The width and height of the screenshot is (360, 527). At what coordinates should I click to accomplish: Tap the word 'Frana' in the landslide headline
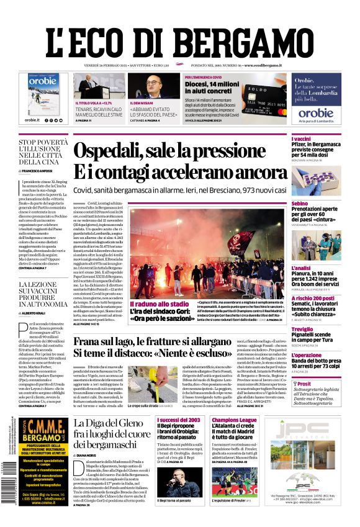89,341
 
